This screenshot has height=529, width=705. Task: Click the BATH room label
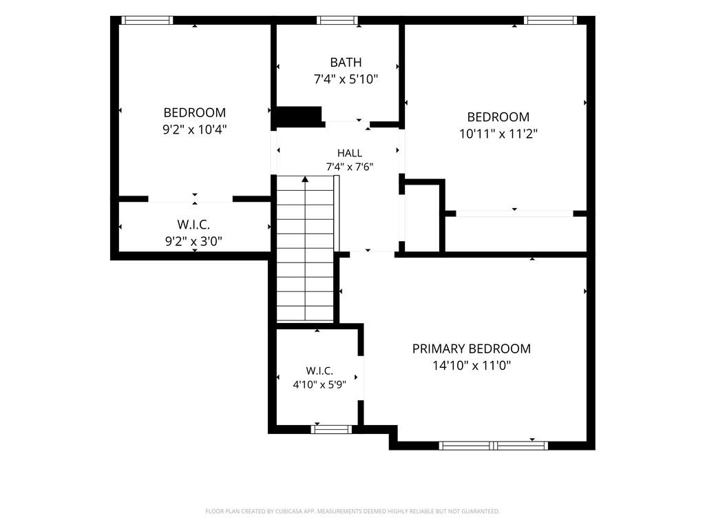(346, 62)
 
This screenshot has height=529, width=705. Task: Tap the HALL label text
(350, 153)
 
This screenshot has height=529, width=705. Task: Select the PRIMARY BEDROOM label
(472, 349)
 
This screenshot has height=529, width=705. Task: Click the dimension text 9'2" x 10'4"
(195, 129)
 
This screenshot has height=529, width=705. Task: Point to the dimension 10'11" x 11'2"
(498, 134)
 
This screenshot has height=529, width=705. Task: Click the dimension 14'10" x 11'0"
(472, 365)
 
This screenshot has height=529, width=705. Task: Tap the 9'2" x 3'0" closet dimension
(193, 242)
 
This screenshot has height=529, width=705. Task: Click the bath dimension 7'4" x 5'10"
(346, 79)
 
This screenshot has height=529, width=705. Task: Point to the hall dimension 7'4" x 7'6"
(350, 167)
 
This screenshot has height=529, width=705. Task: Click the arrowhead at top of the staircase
(305, 179)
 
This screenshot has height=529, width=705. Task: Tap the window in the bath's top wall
(337, 20)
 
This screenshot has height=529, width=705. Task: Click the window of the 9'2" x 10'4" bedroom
(147, 20)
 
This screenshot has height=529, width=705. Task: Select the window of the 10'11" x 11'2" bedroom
(550, 20)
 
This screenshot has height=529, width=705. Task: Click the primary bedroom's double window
(494, 446)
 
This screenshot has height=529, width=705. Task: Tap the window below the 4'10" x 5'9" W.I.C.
(331, 430)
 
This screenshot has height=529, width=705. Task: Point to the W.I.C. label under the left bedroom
(193, 225)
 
